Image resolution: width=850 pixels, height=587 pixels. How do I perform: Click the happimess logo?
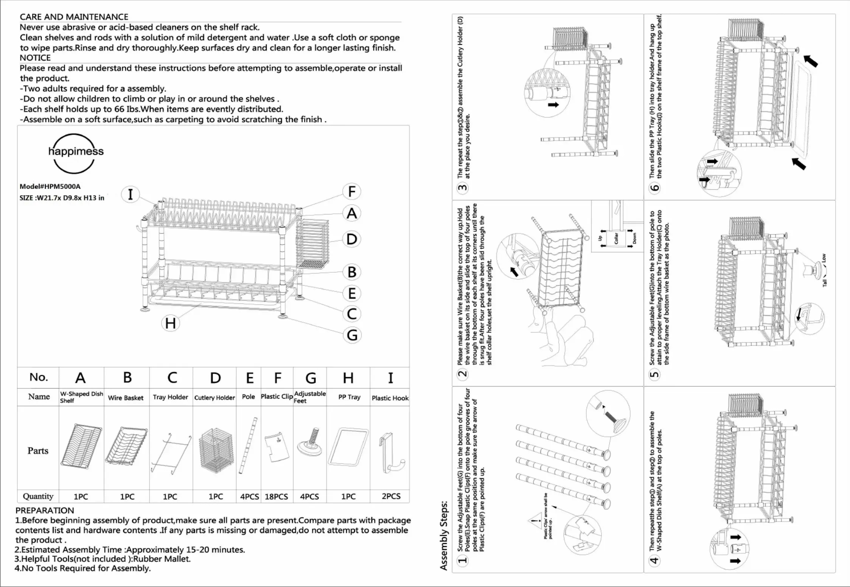pos(75,153)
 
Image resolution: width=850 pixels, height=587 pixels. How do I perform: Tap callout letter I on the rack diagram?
pos(131,194)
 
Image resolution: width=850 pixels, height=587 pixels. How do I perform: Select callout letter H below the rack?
pos(170,323)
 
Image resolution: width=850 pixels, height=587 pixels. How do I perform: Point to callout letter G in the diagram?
pos(352,335)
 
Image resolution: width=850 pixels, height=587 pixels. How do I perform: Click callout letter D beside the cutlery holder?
pos(352,239)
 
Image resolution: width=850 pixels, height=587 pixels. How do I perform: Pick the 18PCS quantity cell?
pos(276,497)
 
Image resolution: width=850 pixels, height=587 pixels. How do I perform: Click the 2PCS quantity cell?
pos(391,496)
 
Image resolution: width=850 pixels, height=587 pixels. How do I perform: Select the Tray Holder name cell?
pos(170,397)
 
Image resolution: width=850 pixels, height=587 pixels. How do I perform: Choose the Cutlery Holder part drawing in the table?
pos(216,450)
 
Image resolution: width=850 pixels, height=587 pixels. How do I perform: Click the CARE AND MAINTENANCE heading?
pos(74,17)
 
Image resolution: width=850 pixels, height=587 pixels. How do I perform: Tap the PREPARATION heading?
pos(45,511)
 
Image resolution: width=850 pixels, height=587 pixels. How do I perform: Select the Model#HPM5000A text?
pos(50,186)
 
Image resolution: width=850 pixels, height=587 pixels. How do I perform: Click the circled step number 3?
pos(463,188)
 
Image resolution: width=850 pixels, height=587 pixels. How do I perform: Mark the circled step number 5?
pos(654,374)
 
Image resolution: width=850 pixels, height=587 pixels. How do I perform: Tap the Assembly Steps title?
pos(444,535)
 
